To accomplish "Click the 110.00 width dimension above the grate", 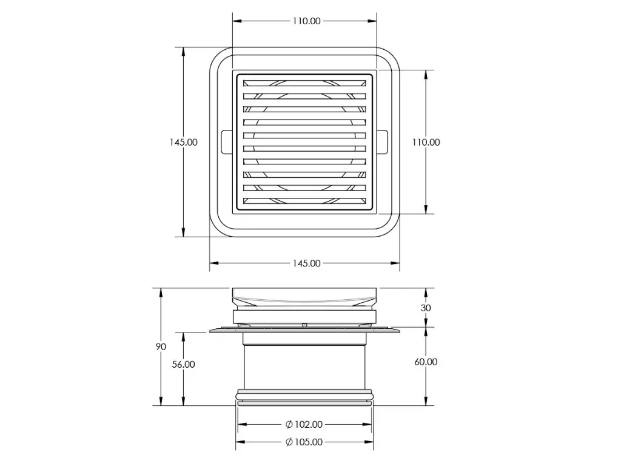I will (306, 21).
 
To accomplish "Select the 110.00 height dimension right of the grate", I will (426, 142).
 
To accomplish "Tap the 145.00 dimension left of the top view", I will (183, 142).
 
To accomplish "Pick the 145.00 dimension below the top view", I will (306, 263).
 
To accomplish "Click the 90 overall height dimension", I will (161, 346).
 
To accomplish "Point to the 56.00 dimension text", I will (183, 364).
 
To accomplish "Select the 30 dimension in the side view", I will (426, 308).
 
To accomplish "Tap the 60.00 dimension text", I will (426, 362).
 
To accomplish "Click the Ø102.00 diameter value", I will (309, 424).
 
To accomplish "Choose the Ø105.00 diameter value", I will (309, 442).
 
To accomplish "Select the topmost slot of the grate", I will (304, 83).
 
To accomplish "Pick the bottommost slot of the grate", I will (304, 201).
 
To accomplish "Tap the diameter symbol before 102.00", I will (289, 424).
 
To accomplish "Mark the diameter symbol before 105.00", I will (289, 442).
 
